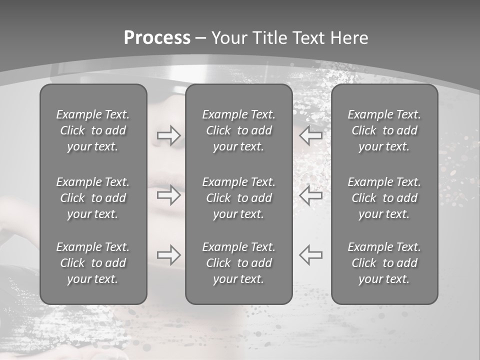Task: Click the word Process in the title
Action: point(157,38)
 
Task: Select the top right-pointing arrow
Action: point(169,135)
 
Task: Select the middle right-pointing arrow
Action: point(169,195)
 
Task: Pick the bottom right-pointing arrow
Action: point(169,255)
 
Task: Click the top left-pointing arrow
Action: point(311,135)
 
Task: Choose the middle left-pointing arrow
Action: point(311,195)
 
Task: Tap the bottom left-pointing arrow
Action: point(311,255)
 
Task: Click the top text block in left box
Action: point(93,130)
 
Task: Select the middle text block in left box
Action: point(93,198)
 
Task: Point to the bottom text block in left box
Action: point(93,263)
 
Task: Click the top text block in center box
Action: point(239,130)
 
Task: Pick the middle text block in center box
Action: point(239,198)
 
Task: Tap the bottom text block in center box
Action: point(239,263)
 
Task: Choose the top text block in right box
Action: point(384,130)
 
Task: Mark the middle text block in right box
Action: point(384,198)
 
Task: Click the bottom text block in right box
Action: point(384,263)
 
